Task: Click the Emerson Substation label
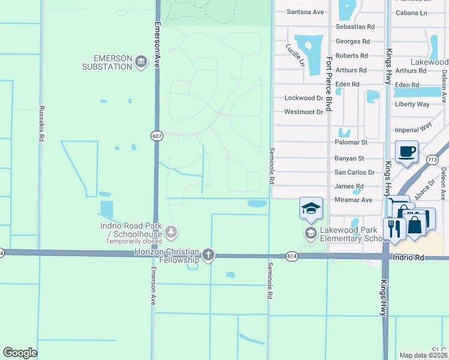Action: [112, 62]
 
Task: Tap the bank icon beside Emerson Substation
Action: [141, 62]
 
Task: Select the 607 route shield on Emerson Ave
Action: [156, 137]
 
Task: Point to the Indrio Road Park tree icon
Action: [172, 231]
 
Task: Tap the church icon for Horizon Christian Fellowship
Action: [208, 254]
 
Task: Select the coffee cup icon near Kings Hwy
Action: [406, 152]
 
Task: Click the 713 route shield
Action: [432, 160]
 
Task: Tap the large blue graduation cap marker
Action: [311, 208]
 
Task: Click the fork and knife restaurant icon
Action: [393, 229]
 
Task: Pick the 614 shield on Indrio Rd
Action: [292, 256]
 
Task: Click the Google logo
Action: [20, 353]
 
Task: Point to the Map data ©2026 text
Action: [423, 355]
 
